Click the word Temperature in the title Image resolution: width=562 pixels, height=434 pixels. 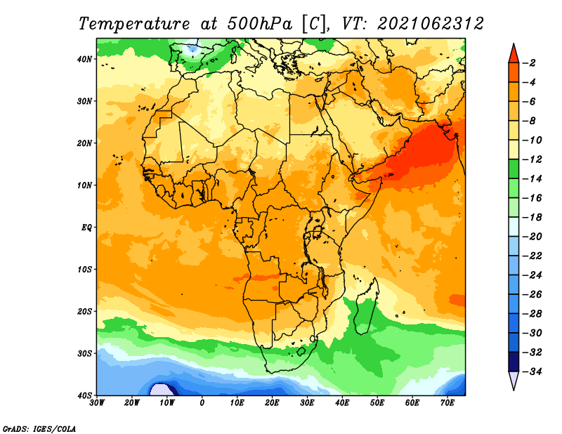[x=134, y=24]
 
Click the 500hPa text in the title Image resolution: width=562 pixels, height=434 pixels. [x=259, y=24]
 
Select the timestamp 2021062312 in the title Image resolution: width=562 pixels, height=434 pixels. [x=431, y=24]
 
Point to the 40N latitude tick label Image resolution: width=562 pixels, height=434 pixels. [x=84, y=59]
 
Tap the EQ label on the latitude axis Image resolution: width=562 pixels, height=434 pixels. [x=86, y=228]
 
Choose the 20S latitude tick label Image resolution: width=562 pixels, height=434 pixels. [x=84, y=311]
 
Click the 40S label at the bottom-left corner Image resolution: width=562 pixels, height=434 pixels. [x=84, y=395]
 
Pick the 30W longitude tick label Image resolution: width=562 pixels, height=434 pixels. [x=97, y=403]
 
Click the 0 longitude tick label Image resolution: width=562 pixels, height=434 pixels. [x=202, y=403]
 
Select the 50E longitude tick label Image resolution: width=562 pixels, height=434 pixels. [x=377, y=403]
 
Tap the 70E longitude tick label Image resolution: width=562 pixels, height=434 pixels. [x=447, y=403]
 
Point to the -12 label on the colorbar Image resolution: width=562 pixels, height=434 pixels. [x=532, y=159]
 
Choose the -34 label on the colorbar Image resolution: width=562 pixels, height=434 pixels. [x=532, y=371]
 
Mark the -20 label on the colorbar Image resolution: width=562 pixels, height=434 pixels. [x=532, y=237]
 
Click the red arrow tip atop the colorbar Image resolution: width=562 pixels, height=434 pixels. [x=514, y=44]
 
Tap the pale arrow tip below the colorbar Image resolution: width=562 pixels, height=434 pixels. [x=514, y=390]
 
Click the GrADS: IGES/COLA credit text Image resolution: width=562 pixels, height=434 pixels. [x=39, y=429]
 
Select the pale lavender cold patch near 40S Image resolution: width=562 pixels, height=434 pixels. [x=161, y=390]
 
